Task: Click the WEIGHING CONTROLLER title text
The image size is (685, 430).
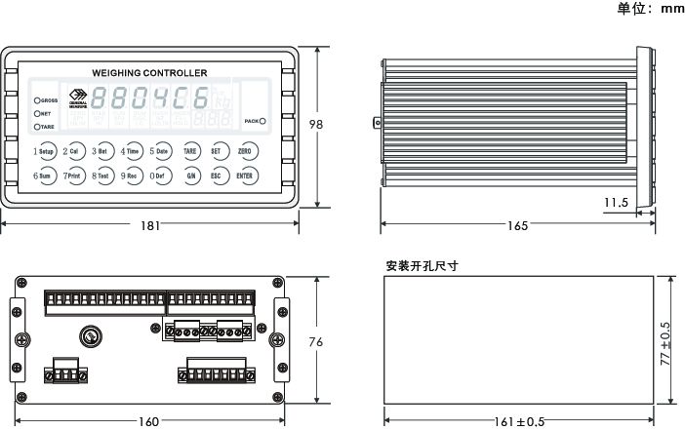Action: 148,73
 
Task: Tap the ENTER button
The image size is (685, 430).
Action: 245,176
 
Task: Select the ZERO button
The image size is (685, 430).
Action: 245,152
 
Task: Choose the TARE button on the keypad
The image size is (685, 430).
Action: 190,152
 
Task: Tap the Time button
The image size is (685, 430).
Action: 131,152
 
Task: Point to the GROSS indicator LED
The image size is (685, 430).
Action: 37,100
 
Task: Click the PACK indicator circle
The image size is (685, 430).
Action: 262,121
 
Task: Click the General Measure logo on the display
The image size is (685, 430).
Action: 78,100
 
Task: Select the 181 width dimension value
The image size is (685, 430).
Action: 150,225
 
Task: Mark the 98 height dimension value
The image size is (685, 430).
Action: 315,125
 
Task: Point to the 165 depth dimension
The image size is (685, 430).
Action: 517,225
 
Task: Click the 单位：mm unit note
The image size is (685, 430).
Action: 650,9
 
